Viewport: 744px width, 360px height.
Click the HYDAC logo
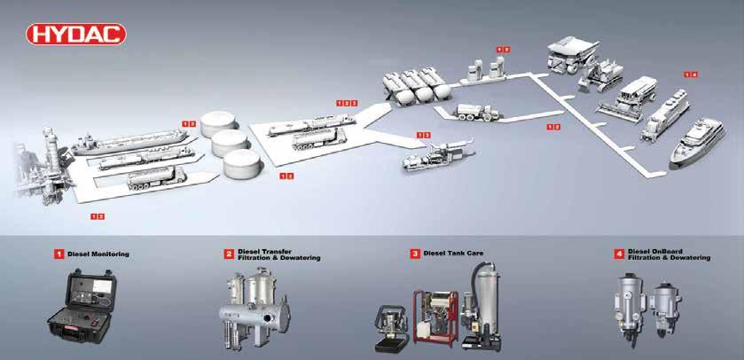coord(77,35)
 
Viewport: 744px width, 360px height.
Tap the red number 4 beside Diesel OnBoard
coord(620,254)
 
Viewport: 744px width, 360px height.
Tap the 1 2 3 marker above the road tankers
coord(347,103)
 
